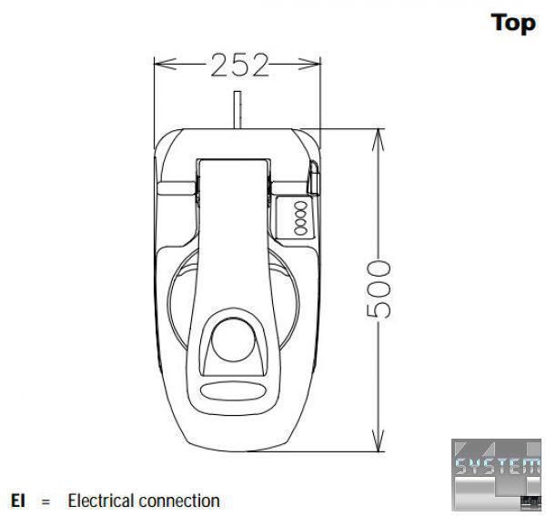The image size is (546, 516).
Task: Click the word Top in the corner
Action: click(x=513, y=24)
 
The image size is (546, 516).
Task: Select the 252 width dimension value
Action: click(x=240, y=66)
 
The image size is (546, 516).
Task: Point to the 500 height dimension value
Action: click(x=379, y=289)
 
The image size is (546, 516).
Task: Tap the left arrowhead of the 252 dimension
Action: click(x=165, y=64)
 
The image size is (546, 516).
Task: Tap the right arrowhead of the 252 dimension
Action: click(x=309, y=64)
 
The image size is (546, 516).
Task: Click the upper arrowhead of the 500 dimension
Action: click(x=379, y=140)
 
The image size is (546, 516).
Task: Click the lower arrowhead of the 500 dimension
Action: click(x=379, y=440)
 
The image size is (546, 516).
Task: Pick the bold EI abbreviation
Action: click(x=18, y=501)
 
